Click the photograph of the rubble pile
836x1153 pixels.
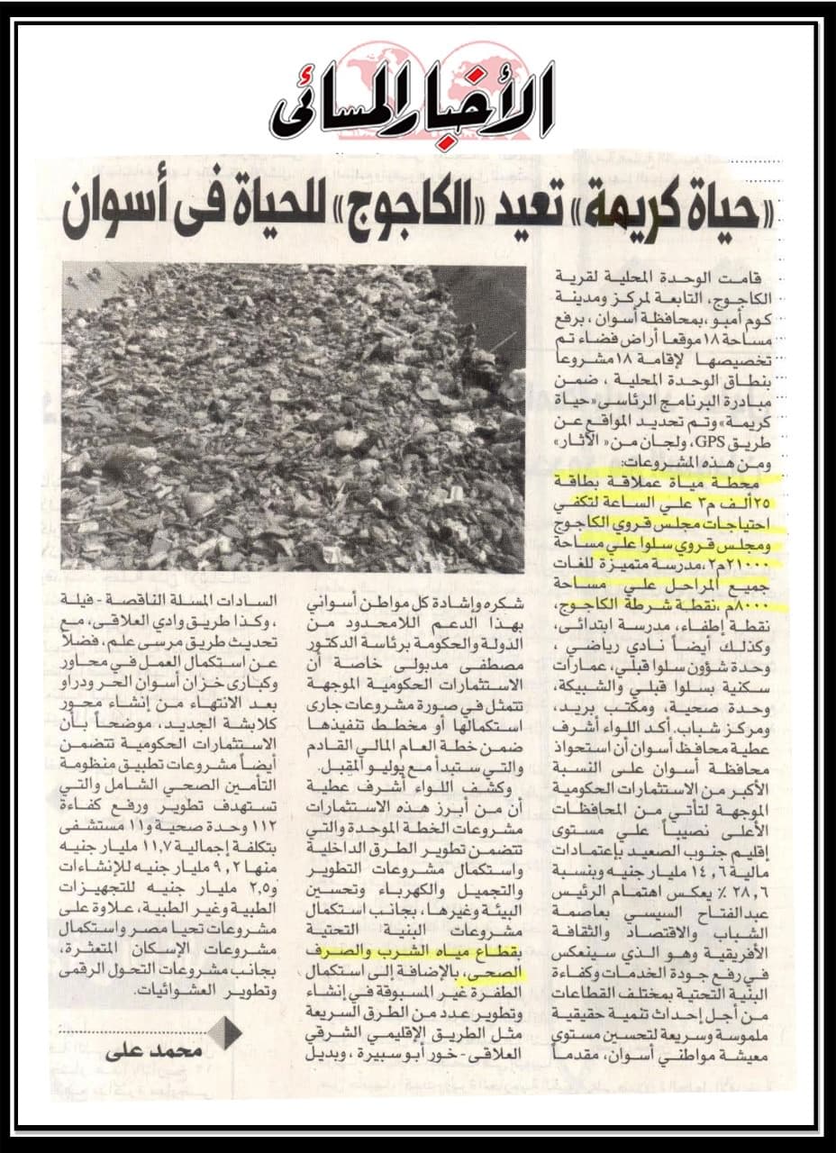[294, 418]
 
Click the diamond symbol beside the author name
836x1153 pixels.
[224, 1032]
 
